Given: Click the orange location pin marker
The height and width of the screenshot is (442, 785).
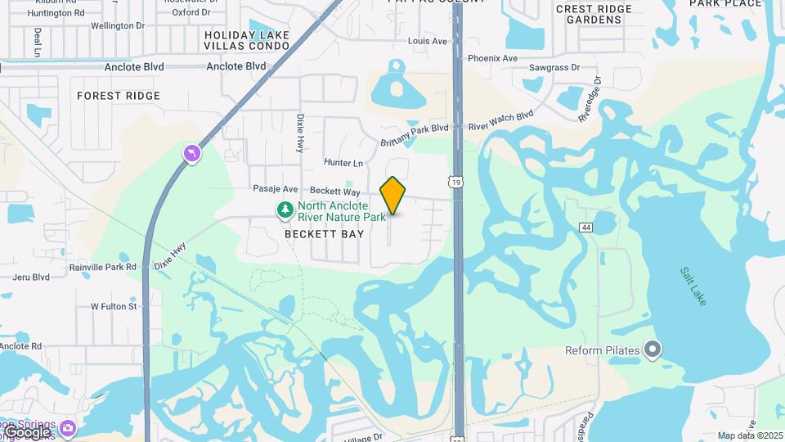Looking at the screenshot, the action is (392, 195).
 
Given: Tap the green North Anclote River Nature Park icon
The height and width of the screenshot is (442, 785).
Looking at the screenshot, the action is (285, 211).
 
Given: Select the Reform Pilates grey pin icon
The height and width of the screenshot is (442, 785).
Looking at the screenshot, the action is (652, 350).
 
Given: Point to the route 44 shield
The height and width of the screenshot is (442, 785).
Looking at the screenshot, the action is (585, 227).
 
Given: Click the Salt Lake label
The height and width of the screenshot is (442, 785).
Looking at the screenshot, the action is (692, 286).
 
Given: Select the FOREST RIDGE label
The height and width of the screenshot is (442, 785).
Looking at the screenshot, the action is (119, 96).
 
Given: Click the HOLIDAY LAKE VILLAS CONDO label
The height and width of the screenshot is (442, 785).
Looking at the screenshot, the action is (247, 41).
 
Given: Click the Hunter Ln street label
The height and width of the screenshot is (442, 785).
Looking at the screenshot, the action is (343, 163).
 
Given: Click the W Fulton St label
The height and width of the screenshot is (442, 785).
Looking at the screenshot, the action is (114, 306).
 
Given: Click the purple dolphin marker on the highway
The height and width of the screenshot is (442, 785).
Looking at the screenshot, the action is (191, 153).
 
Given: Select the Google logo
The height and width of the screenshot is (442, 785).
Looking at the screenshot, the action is (27, 431).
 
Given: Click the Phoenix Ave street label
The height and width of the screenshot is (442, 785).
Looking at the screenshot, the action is (492, 58).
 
